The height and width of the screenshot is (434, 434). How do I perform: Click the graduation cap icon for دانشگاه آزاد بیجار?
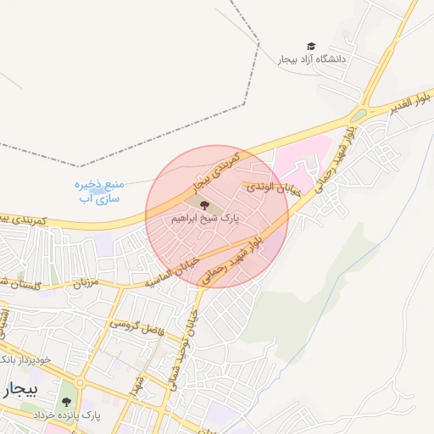(310, 46)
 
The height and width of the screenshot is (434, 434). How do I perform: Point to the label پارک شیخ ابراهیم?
(205, 218)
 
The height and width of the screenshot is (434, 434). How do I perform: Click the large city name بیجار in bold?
(20, 389)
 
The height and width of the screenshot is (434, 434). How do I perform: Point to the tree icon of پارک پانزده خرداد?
(67, 402)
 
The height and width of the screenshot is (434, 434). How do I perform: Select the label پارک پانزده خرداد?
(67, 416)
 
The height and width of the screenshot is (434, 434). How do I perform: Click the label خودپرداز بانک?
(27, 359)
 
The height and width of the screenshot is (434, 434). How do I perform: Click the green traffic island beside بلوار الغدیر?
(359, 114)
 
